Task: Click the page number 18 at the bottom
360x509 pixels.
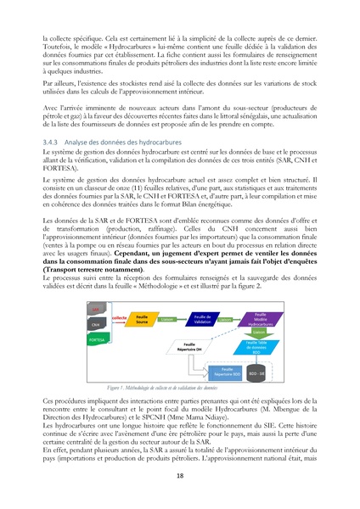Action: pyautogui.click(x=179, y=477)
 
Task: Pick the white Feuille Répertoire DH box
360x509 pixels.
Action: pyautogui.click(x=188, y=346)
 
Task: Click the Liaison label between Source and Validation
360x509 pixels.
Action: pyautogui.click(x=173, y=320)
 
